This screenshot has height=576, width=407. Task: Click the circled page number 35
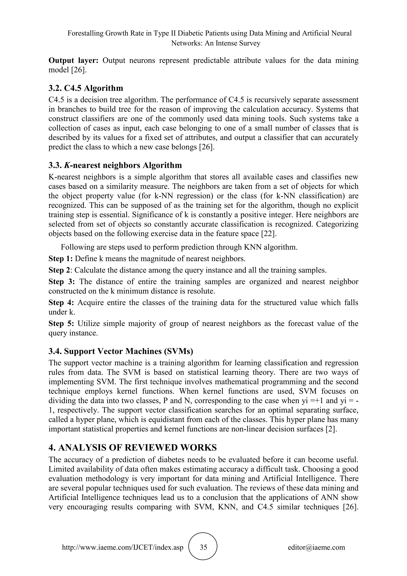point(203,547)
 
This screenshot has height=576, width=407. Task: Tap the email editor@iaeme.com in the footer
point(316,547)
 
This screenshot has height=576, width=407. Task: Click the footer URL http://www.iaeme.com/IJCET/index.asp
point(123,547)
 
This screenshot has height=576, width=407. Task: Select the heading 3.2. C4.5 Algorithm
point(86,88)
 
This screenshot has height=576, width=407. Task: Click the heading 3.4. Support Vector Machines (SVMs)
point(121,351)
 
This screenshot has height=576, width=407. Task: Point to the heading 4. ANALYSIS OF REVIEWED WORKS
point(133,447)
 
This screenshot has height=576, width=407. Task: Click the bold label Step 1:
point(61,258)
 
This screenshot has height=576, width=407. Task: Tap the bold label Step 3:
point(62,281)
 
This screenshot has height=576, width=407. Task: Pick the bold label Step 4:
point(61,302)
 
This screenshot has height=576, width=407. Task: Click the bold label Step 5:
point(61,323)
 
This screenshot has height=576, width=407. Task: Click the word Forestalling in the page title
point(85,33)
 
